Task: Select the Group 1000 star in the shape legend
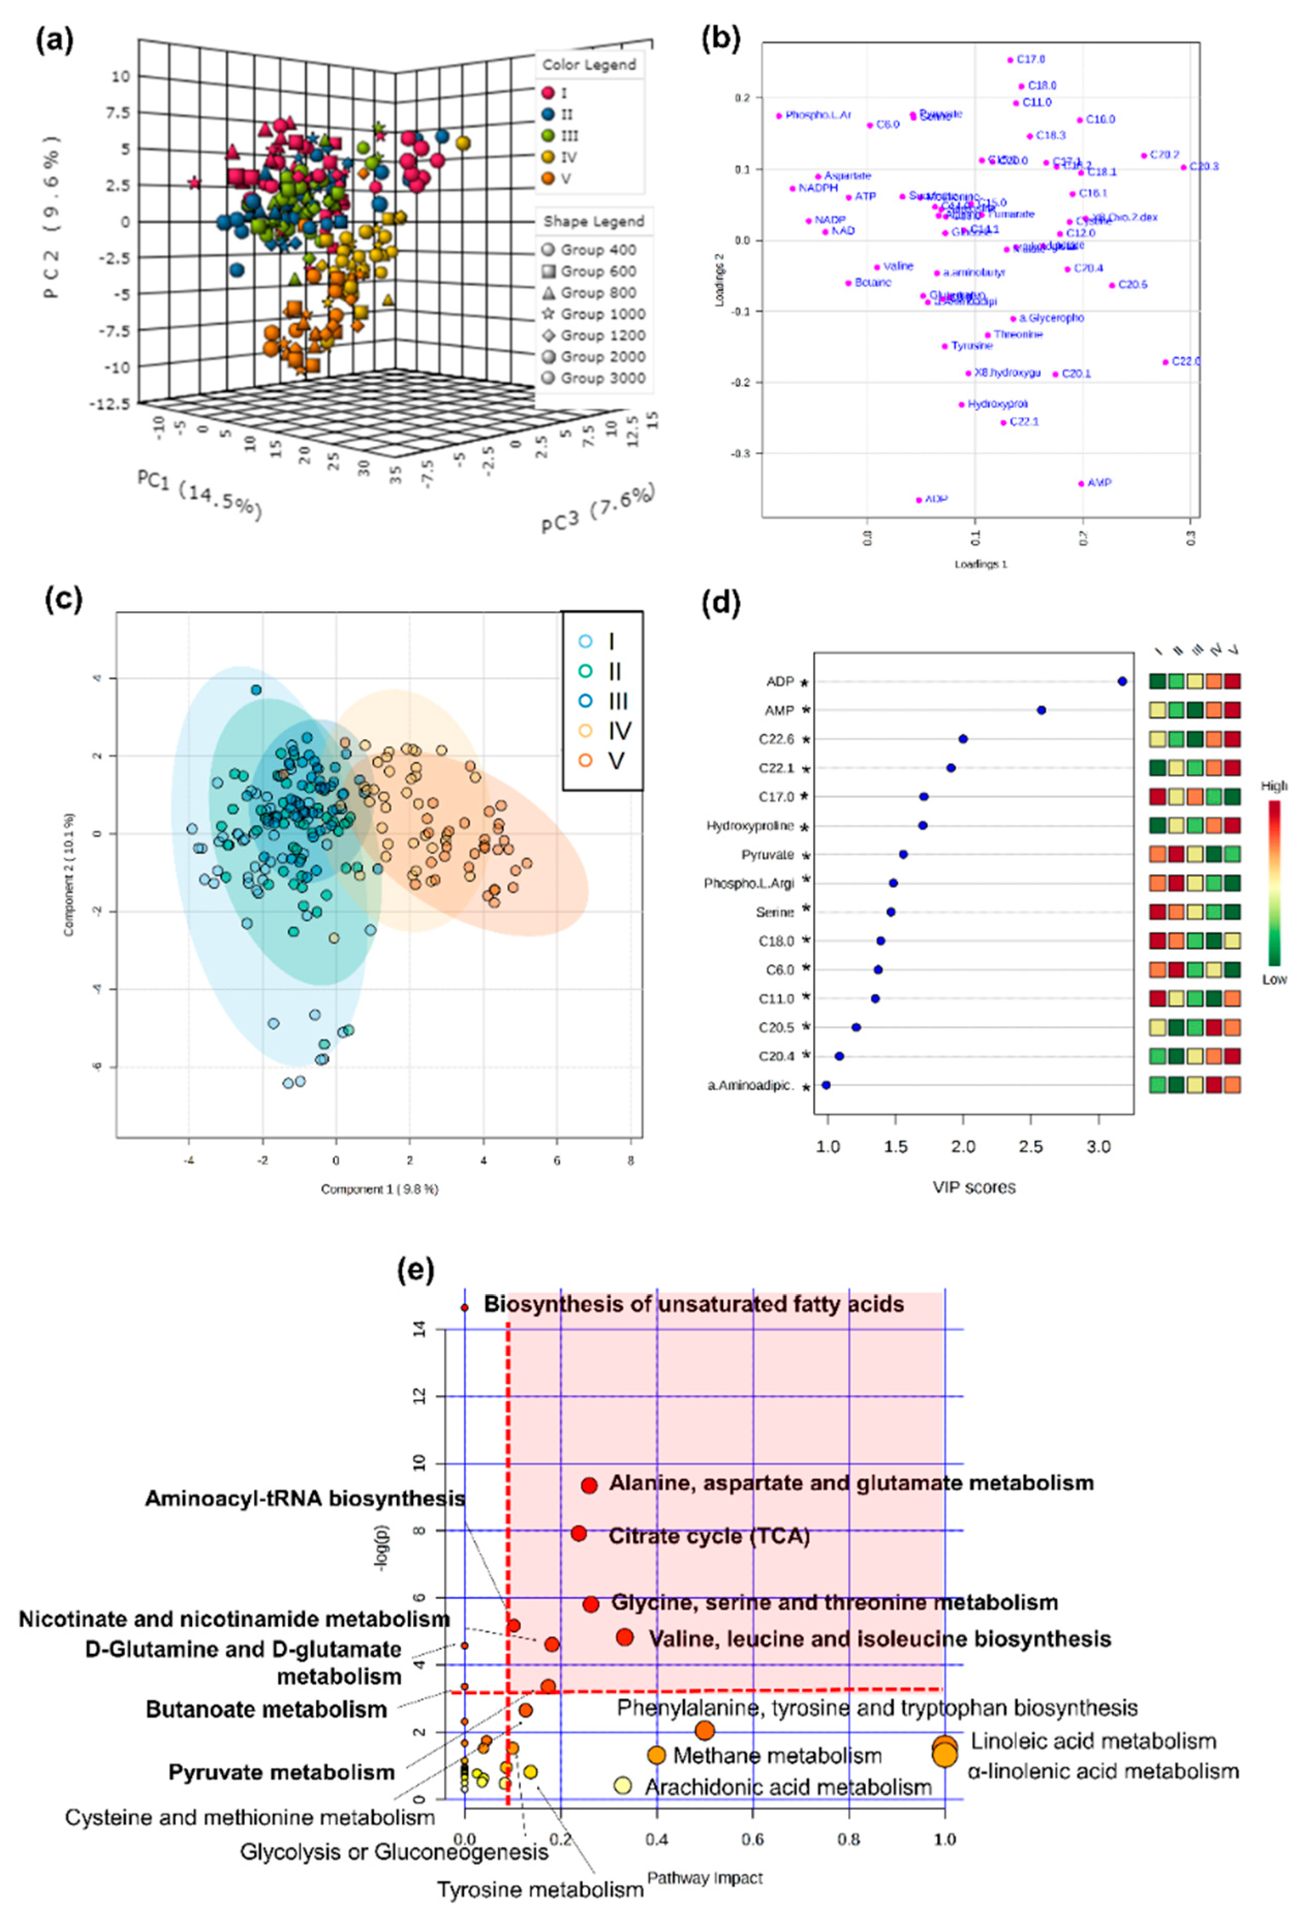548,314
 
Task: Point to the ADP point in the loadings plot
919,500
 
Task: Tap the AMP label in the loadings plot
1099,483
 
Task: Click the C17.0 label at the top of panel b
1030,59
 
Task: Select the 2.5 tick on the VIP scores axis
1030,1147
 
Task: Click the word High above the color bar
1273,786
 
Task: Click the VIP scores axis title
974,1187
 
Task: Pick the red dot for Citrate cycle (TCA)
578,1534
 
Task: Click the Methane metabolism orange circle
656,1755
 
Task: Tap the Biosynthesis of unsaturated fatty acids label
693,1305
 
